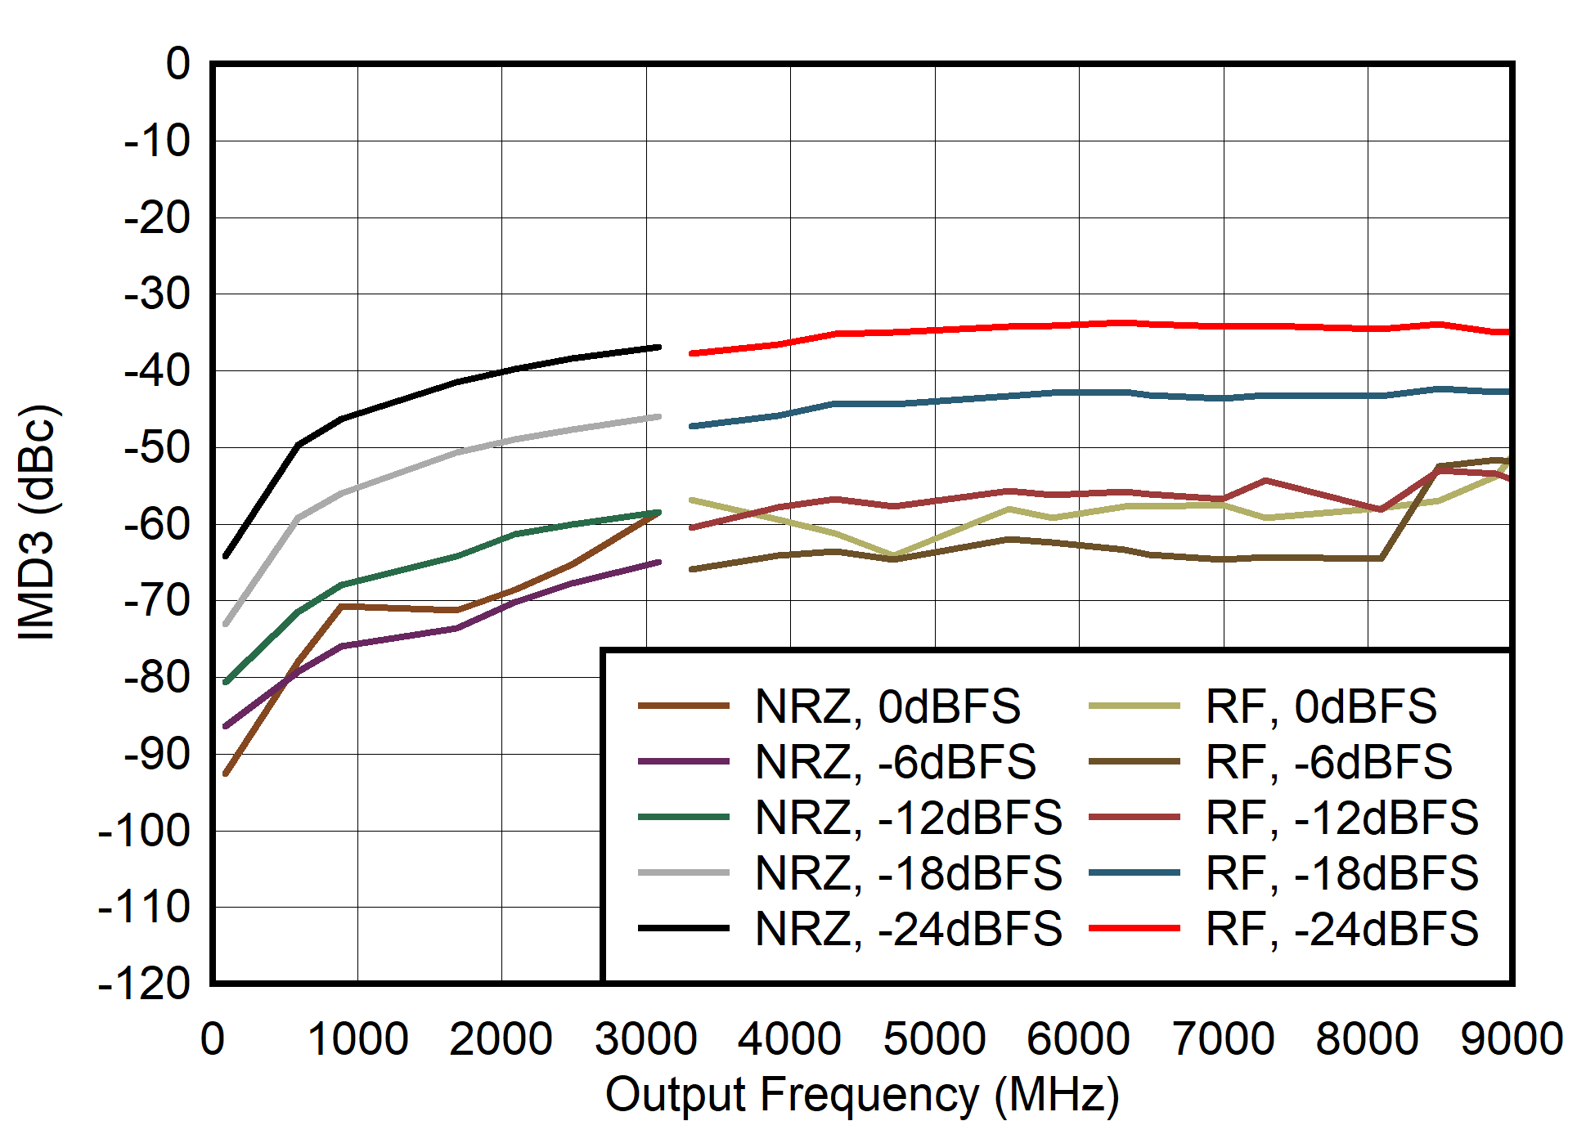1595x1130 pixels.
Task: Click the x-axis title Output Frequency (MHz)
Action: [x=861, y=1095]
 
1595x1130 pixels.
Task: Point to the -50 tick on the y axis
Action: [x=156, y=448]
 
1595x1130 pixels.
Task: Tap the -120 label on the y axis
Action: [x=144, y=984]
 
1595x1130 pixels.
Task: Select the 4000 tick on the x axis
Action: [x=789, y=1039]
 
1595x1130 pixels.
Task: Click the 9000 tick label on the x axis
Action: [x=1511, y=1039]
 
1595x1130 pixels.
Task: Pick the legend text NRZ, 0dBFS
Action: [x=887, y=706]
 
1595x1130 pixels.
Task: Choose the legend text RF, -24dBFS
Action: [x=1341, y=929]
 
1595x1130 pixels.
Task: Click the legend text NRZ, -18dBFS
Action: [x=908, y=873]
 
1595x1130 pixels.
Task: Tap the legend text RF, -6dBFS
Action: [x=1328, y=762]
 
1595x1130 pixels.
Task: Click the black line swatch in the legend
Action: [x=683, y=929]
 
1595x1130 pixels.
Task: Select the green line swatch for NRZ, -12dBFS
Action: [x=683, y=818]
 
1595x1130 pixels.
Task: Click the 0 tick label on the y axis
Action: [x=177, y=65]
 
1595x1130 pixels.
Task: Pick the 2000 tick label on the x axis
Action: [x=501, y=1039]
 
